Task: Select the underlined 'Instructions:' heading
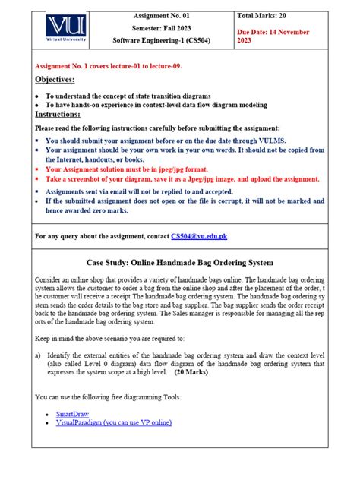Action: [x=58, y=114]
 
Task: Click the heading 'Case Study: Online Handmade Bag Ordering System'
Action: [x=180, y=262]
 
